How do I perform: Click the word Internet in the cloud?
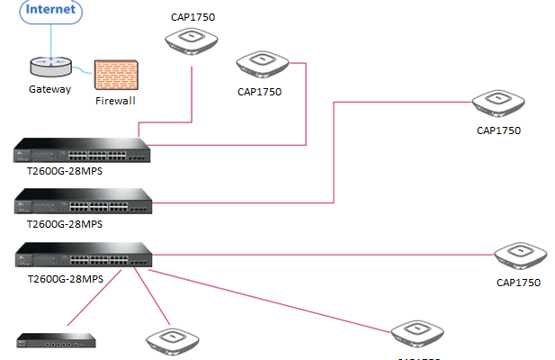point(50,10)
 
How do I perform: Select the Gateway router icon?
point(49,67)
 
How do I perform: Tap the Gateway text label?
point(49,89)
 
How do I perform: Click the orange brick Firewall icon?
point(115,75)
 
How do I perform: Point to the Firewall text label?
point(115,101)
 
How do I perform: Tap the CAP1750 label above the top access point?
point(193,15)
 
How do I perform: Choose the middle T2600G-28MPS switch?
point(82,201)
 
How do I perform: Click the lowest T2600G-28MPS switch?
point(82,256)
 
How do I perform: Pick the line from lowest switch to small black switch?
point(99,302)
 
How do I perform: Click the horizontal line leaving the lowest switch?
point(324,255)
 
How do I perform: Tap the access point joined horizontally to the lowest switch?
point(519,256)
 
